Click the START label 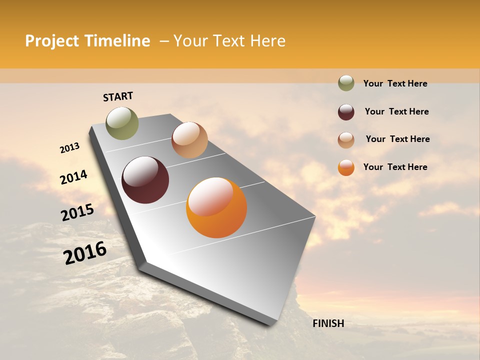coord(118,96)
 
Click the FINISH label coord(328,323)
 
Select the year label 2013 coord(69,148)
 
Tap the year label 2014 coord(73,177)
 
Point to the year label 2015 coord(77,212)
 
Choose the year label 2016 coord(85,253)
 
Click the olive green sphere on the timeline coord(122,123)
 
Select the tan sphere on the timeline coord(189,140)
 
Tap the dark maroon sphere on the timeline coord(145,180)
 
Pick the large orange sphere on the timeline coord(216,207)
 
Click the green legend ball coord(346,83)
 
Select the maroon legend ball coord(346,112)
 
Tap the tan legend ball coord(346,140)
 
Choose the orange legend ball coord(346,167)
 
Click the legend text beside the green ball coord(395,83)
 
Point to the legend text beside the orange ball coord(395,167)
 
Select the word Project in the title coord(52,41)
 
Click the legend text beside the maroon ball coord(396,111)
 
